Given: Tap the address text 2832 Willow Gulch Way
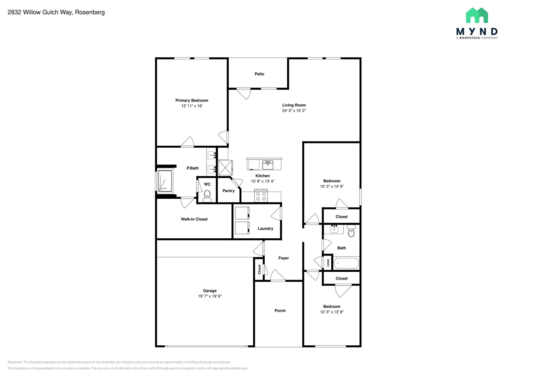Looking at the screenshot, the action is pos(40,12).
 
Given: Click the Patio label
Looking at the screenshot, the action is pos(259,74).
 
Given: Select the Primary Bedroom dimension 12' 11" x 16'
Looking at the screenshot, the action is pos(192,106).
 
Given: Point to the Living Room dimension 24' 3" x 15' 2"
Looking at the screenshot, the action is pos(294,110).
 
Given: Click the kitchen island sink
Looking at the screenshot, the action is pos(268,165).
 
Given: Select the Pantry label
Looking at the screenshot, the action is pos(229,191).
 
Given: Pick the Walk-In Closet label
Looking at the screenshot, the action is pos(194,219).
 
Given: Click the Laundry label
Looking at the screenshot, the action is pos(265,229).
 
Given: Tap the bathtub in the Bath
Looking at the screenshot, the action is pos(346,263).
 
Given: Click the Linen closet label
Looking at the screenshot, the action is pos(328,263).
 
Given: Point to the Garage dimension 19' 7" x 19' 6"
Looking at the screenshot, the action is pos(210,296).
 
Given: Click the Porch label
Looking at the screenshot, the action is pos(280,311).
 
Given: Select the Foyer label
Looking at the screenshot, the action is pos(283,258).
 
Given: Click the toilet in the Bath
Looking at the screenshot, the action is pos(351,231).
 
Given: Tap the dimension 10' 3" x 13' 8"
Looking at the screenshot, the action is pos(332,312).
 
